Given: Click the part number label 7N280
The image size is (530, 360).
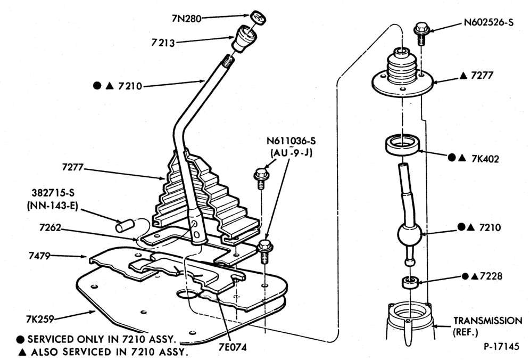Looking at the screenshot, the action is pyautogui.click(x=186, y=18).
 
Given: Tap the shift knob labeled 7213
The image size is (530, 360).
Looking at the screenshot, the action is pyautogui.click(x=244, y=38).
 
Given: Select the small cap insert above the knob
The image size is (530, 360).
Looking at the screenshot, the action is pyautogui.click(x=258, y=17).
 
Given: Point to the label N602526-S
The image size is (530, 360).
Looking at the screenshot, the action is pyautogui.click(x=488, y=22).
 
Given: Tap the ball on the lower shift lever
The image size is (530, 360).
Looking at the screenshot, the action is pyautogui.click(x=410, y=234).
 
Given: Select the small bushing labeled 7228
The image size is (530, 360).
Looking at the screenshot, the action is pyautogui.click(x=410, y=282).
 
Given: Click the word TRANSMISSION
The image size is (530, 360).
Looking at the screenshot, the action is pyautogui.click(x=488, y=321).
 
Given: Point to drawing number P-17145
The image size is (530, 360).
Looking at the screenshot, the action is pyautogui.click(x=501, y=347).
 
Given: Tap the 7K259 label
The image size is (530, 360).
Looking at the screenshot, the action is pyautogui.click(x=40, y=318).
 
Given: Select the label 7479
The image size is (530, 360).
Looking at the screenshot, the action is pyautogui.click(x=39, y=256).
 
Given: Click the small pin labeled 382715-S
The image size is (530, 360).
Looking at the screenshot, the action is pyautogui.click(x=125, y=226).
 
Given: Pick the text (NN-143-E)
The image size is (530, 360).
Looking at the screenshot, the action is pyautogui.click(x=52, y=206).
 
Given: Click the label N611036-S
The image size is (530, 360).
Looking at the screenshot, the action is pyautogui.click(x=291, y=141).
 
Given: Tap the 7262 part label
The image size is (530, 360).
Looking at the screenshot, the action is pyautogui.click(x=50, y=227).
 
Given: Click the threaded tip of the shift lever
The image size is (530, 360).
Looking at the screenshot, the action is pyautogui.click(x=229, y=61).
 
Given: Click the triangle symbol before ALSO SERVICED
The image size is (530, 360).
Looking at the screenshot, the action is pyautogui.click(x=22, y=352).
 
